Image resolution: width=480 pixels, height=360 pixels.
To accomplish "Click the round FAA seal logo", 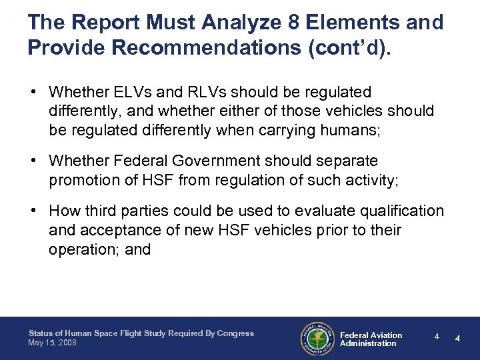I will tap(317, 339).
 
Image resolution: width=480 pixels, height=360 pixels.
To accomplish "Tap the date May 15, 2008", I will tap(53, 343).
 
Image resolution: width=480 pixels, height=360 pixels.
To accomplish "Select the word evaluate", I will tap(319, 211).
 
